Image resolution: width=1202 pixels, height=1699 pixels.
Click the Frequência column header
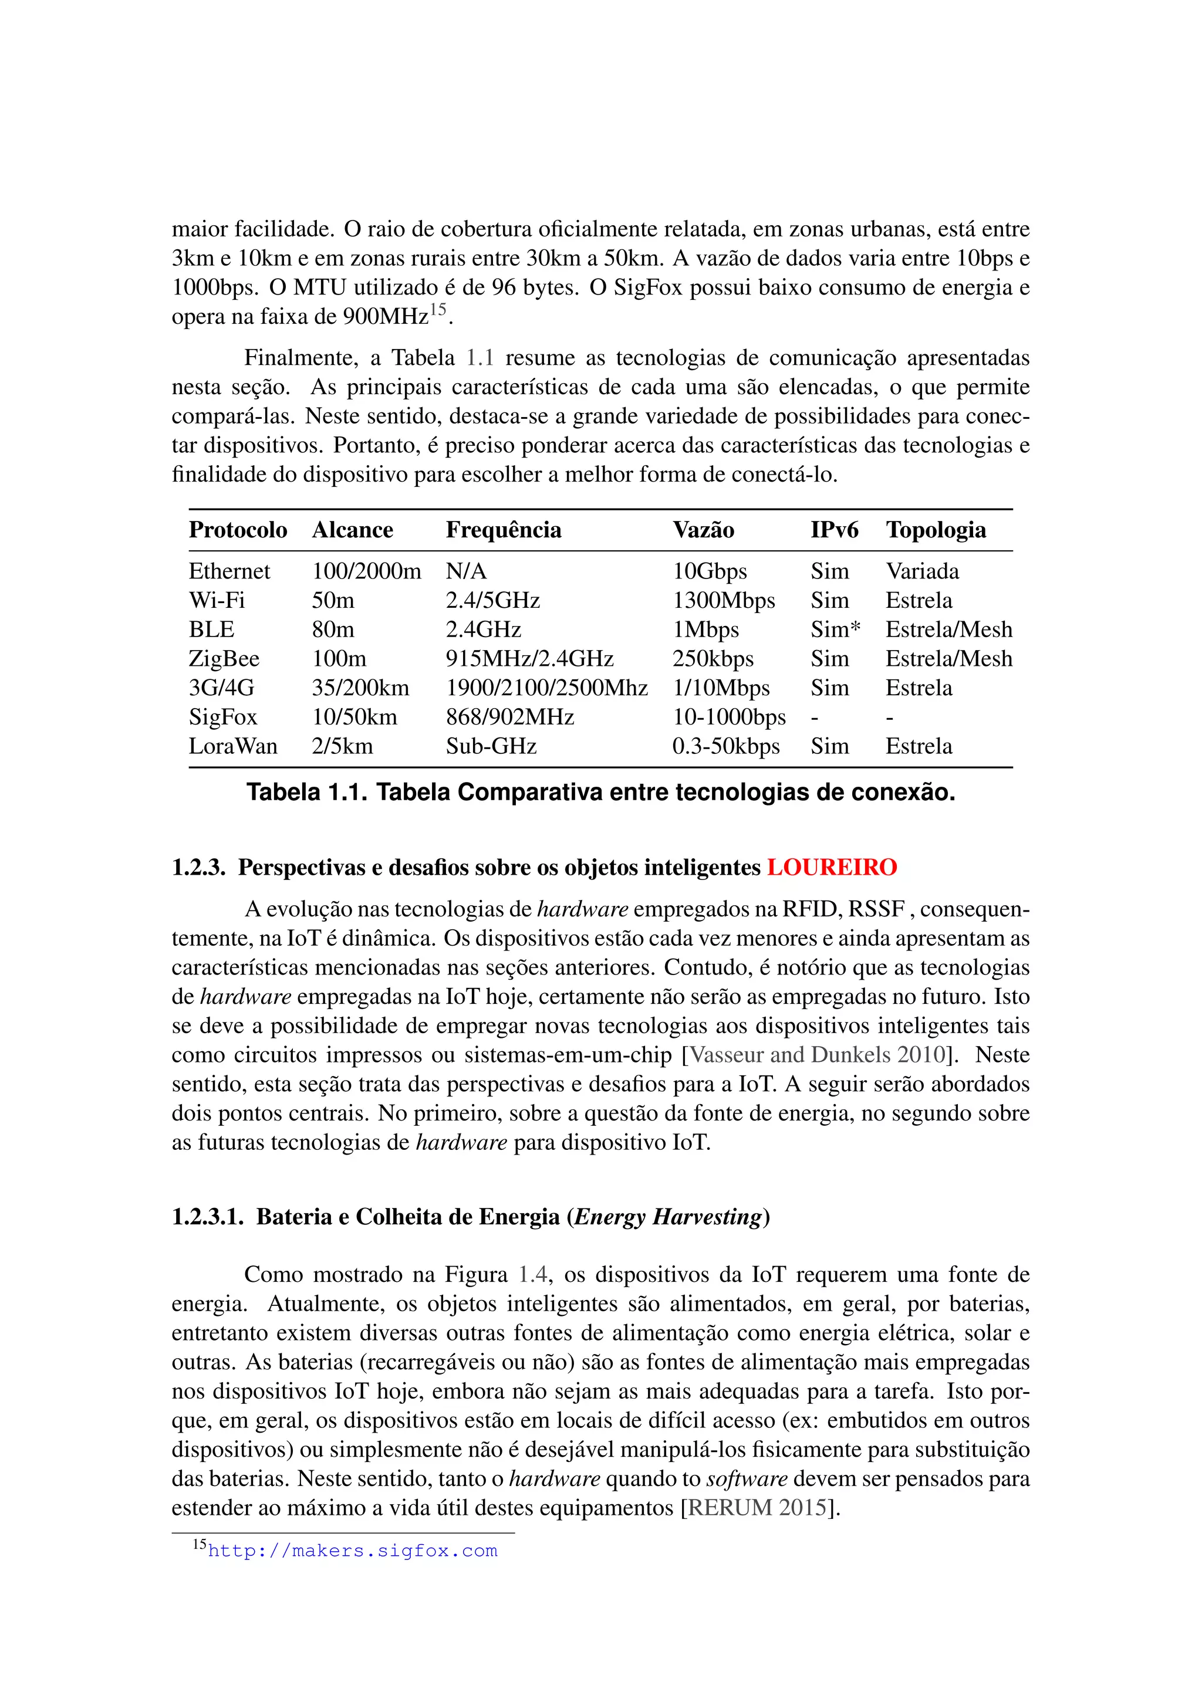[504, 530]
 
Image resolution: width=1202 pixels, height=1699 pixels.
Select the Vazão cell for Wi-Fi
[723, 600]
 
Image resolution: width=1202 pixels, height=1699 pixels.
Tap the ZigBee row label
[224, 659]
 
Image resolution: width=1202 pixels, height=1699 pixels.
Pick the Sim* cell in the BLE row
[835, 629]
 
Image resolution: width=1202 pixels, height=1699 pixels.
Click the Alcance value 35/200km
[360, 688]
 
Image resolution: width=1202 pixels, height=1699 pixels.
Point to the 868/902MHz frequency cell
[509, 717]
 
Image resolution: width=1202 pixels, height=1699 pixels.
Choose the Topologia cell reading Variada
[922, 571]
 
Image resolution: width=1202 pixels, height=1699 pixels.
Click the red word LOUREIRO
[831, 867]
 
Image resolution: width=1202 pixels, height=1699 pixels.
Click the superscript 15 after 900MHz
[438, 310]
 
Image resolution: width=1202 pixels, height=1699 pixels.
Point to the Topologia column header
[936, 530]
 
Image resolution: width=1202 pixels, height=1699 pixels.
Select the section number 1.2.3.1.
[207, 1217]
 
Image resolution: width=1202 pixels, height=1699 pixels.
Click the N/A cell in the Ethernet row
[465, 571]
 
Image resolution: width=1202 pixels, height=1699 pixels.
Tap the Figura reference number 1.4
[532, 1275]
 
